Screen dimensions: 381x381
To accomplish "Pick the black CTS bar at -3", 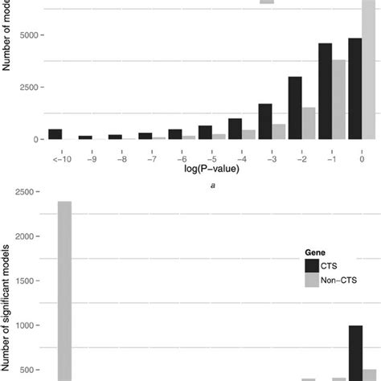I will click(x=265, y=121).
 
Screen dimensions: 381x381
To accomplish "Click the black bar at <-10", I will click(x=55, y=134).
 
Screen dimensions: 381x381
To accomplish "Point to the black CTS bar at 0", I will click(x=355, y=88).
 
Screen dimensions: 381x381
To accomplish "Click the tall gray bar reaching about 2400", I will click(x=65, y=289).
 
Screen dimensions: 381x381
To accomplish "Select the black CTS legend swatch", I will click(x=311, y=265).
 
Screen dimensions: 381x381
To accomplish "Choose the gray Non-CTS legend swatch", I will click(x=311, y=281).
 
